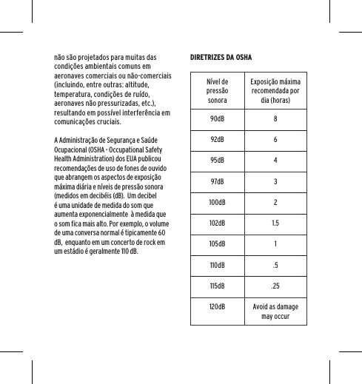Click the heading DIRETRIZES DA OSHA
221,56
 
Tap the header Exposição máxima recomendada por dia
275,90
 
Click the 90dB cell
218,119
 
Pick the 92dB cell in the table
218,140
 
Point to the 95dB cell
218,161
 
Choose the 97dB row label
218,182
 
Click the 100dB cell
218,203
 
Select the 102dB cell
218,223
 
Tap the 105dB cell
218,244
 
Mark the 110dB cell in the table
218,265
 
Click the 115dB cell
218,286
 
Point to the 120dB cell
218,306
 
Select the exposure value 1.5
275,223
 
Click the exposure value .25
275,286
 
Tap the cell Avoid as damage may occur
275,311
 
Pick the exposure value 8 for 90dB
275,119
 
